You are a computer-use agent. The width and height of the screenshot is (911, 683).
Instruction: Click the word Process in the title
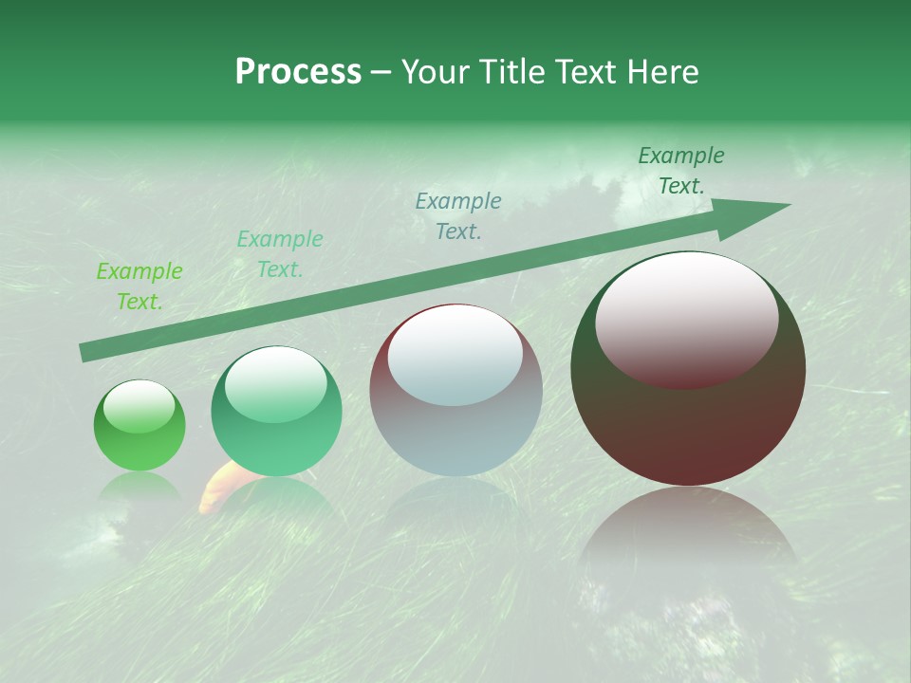298,72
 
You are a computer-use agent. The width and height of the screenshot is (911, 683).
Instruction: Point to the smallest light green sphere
139,427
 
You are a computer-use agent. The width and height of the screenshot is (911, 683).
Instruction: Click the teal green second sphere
276,413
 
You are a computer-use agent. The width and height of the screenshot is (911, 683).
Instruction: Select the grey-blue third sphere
455,391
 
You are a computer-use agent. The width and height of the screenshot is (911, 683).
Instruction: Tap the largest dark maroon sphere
688,370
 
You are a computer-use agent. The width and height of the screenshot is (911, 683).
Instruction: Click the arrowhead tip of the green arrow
788,205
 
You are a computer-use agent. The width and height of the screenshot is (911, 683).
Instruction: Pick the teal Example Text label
280,254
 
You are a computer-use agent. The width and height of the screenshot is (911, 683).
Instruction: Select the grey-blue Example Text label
458,215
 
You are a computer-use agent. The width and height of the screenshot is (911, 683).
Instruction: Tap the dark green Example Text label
681,171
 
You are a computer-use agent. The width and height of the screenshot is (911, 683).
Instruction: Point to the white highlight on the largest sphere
686,318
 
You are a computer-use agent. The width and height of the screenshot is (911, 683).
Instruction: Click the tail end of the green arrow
85,353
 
